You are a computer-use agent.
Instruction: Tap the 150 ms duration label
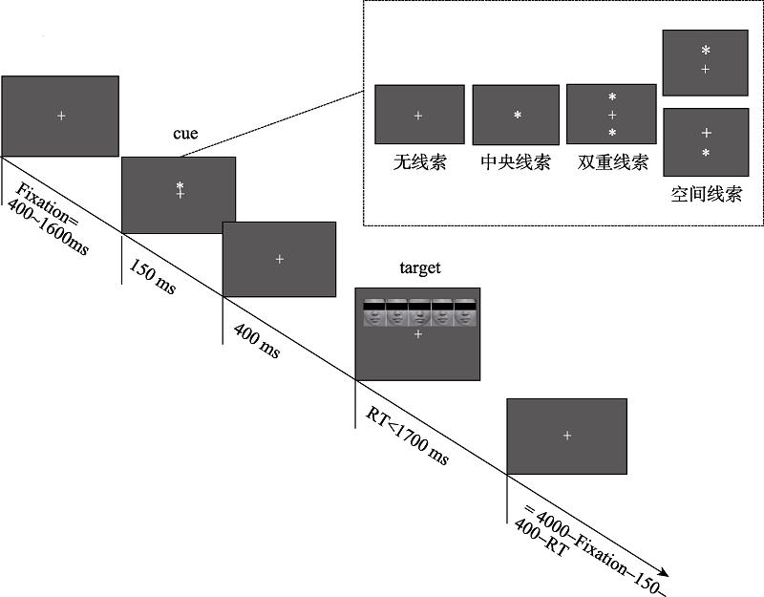point(152,277)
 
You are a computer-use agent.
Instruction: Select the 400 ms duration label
point(256,340)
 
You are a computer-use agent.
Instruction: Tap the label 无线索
point(419,162)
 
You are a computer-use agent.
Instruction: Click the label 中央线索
point(516,162)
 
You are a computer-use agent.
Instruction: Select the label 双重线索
point(613,162)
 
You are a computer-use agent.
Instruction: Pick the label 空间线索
point(706,194)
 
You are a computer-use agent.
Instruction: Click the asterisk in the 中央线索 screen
point(517,116)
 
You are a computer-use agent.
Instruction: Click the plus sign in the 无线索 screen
point(418,116)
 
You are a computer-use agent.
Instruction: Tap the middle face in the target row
point(419,313)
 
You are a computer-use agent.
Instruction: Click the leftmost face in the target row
point(373,313)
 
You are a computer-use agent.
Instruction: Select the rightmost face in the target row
point(465,313)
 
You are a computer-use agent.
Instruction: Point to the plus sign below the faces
point(417,335)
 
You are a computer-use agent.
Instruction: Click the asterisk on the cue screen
point(179,185)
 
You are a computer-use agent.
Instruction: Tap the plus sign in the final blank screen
point(567,436)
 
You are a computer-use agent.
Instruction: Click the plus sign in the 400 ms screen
point(279,259)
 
